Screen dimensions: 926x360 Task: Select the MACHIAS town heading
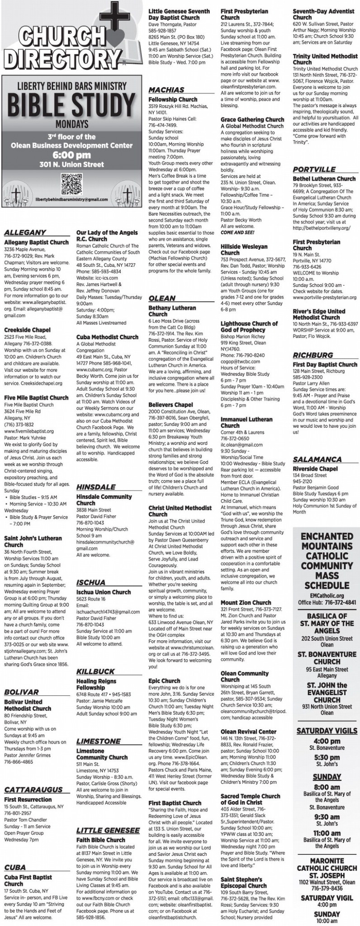tap(166, 90)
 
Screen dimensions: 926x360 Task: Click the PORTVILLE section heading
tap(314, 169)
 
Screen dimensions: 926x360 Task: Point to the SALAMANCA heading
tap(317, 459)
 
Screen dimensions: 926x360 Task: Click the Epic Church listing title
tap(164, 680)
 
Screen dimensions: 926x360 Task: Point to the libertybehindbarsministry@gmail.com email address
tap(71, 199)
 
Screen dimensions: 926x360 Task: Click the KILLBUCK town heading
tap(95, 671)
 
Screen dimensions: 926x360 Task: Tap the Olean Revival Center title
tap(248, 731)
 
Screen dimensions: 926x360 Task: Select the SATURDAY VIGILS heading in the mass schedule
tap(327, 731)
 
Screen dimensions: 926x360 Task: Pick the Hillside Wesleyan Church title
tap(244, 250)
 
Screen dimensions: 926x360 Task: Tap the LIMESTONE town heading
tap(98, 741)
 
